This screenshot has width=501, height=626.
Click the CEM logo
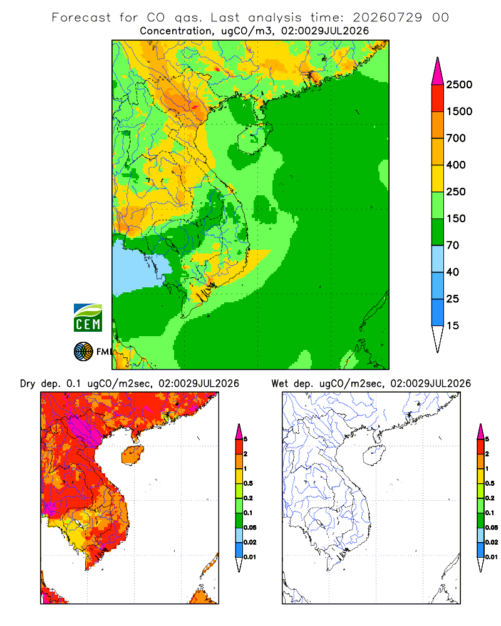pyautogui.click(x=88, y=318)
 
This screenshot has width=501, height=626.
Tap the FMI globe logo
pyautogui.click(x=83, y=352)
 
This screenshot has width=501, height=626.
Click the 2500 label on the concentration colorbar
pyautogui.click(x=459, y=85)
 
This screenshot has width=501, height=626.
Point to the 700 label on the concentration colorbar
pyautogui.click(x=456, y=138)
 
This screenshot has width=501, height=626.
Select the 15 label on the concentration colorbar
pyautogui.click(x=453, y=326)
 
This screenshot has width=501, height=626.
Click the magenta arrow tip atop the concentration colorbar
pyautogui.click(x=438, y=71)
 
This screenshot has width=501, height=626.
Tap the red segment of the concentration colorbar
pyautogui.click(x=438, y=98)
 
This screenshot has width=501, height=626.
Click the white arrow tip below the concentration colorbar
pyautogui.click(x=438, y=339)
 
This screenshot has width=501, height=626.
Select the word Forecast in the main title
pyautogui.click(x=81, y=18)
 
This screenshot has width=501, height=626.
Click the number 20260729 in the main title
pyautogui.click(x=387, y=18)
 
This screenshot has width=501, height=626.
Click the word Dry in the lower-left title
pyautogui.click(x=28, y=384)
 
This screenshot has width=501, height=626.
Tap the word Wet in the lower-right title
pyautogui.click(x=279, y=384)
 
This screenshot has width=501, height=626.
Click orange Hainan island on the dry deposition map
pyautogui.click(x=132, y=454)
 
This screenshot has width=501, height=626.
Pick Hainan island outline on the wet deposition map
pyautogui.click(x=374, y=456)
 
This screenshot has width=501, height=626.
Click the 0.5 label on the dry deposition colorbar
pyautogui.click(x=248, y=483)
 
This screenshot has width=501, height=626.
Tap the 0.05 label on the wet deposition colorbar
pyautogui.click(x=492, y=528)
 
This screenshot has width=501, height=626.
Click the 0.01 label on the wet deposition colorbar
pyautogui.click(x=492, y=557)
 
